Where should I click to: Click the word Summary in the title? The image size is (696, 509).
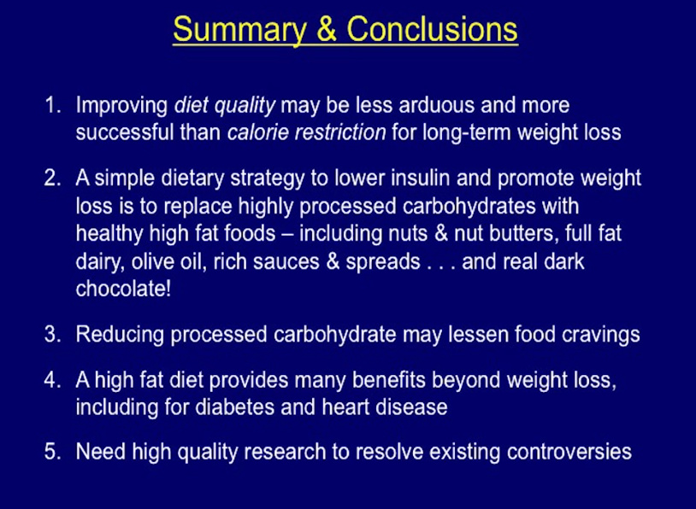(x=239, y=30)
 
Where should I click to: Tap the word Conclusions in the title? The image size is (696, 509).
(x=432, y=29)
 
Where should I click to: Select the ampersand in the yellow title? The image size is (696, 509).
(x=327, y=30)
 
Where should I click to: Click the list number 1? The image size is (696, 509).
(x=53, y=106)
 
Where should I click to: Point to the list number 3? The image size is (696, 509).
(x=53, y=334)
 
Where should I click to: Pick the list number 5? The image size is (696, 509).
(x=53, y=452)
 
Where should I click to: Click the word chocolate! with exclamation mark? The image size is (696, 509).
(x=123, y=289)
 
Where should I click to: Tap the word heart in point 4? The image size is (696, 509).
(x=345, y=407)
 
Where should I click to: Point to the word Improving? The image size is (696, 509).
(x=121, y=106)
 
